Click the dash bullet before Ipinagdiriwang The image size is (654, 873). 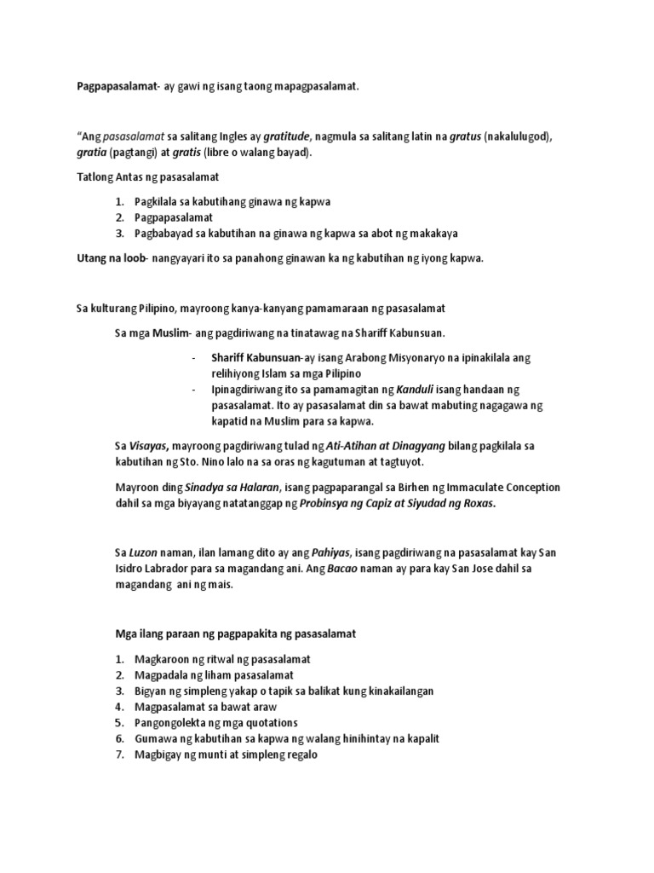coord(194,390)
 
